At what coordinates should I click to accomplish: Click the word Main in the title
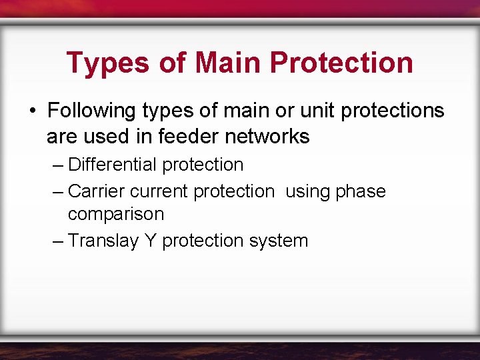coord(229,63)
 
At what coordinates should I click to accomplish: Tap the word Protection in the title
coord(342,63)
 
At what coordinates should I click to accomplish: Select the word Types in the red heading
coord(107,63)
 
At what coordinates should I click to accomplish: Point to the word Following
coord(89,110)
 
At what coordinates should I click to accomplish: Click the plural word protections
coord(392,110)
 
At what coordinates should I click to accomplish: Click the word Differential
coord(113,165)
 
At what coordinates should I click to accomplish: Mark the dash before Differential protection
coord(58,165)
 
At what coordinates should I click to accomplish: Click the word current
coord(159,191)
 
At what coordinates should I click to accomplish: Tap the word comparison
coord(115,214)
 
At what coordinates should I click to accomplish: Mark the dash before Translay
coord(58,241)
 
